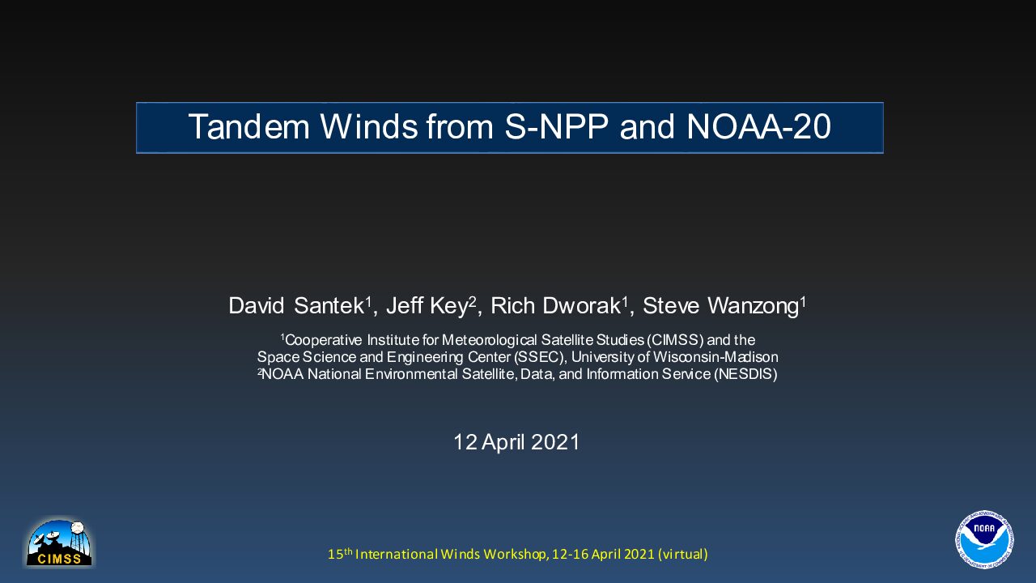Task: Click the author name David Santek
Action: pyautogui.click(x=296, y=306)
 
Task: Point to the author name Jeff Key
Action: pyautogui.click(x=427, y=306)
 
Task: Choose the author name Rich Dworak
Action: pyautogui.click(x=555, y=306)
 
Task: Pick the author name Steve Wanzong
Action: pyautogui.click(x=720, y=306)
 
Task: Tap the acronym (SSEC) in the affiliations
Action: pyautogui.click(x=539, y=357)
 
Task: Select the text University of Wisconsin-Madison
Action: pyautogui.click(x=675, y=357)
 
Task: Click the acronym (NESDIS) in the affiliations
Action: pyautogui.click(x=745, y=374)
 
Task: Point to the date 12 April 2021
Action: pyautogui.click(x=516, y=442)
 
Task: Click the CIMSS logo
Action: pyautogui.click(x=59, y=543)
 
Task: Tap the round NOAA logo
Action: pyautogui.click(x=984, y=539)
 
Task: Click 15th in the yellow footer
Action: pyautogui.click(x=340, y=553)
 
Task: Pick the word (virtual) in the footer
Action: pyautogui.click(x=683, y=555)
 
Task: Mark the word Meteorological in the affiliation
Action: pyautogui.click(x=490, y=340)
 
